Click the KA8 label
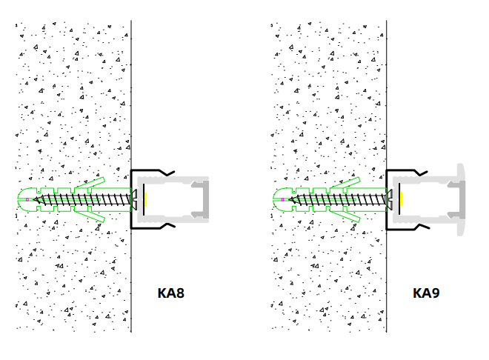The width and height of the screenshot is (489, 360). click(170, 293)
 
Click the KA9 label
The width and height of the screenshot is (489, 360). click(426, 293)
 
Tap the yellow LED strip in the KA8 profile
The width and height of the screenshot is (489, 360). click(146, 199)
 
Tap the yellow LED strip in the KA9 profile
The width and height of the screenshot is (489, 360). click(401, 199)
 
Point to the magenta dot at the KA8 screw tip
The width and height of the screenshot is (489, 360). click(27, 199)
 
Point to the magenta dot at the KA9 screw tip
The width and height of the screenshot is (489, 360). click(282, 199)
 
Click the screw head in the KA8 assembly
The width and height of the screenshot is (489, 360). click(135, 199)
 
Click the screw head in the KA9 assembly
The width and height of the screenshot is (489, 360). click(390, 199)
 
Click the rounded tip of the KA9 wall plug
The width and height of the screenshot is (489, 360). click(277, 199)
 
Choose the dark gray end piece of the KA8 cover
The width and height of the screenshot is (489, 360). click(205, 199)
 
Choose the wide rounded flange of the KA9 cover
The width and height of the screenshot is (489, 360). click(461, 199)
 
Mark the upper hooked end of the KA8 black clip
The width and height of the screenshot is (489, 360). click(170, 173)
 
